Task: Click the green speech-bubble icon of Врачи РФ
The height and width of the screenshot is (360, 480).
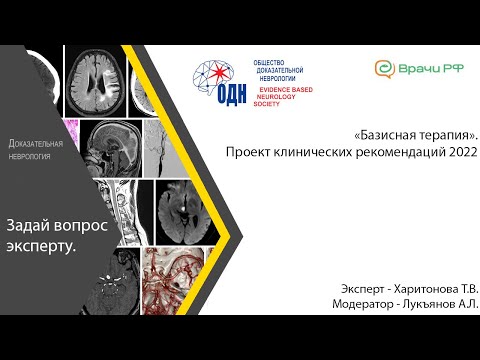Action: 383,69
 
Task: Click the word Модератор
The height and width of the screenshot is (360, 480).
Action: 366,303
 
